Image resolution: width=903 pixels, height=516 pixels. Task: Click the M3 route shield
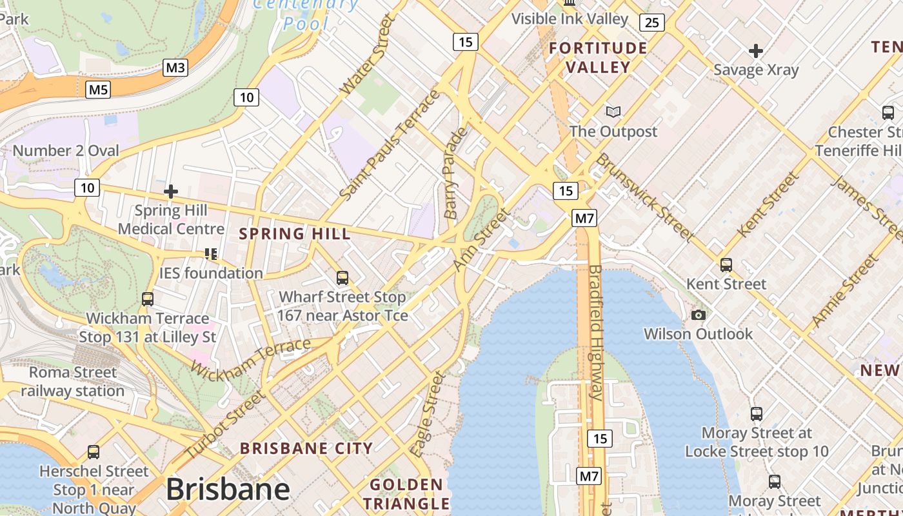(x=175, y=68)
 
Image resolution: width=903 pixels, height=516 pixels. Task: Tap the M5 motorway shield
(x=98, y=89)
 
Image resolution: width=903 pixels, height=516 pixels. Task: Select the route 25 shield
(x=652, y=23)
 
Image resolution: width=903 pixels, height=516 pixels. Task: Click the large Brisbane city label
(x=228, y=490)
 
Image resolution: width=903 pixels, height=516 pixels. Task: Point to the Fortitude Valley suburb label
(x=598, y=57)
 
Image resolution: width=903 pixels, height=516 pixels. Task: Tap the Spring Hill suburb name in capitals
(x=295, y=233)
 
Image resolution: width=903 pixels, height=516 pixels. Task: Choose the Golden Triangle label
(x=406, y=494)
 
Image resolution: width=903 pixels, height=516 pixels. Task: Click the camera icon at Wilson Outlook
(x=698, y=315)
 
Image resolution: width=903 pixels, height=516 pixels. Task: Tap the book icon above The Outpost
(x=613, y=112)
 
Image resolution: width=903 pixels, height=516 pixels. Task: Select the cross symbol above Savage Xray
(x=756, y=50)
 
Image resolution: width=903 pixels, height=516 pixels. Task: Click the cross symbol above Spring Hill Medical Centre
(x=171, y=192)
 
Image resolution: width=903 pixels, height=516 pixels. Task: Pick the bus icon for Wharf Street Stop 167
(x=342, y=278)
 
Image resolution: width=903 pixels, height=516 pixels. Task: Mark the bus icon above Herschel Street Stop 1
(x=94, y=452)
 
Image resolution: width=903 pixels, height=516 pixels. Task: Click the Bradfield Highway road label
(x=596, y=332)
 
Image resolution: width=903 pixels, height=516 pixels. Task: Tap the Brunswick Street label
(x=643, y=197)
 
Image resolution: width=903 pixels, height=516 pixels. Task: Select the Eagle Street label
(x=428, y=414)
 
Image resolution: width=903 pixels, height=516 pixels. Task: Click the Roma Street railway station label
(x=73, y=382)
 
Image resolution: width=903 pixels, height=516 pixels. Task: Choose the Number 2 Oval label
(x=66, y=151)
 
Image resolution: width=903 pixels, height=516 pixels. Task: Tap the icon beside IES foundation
(x=211, y=254)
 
